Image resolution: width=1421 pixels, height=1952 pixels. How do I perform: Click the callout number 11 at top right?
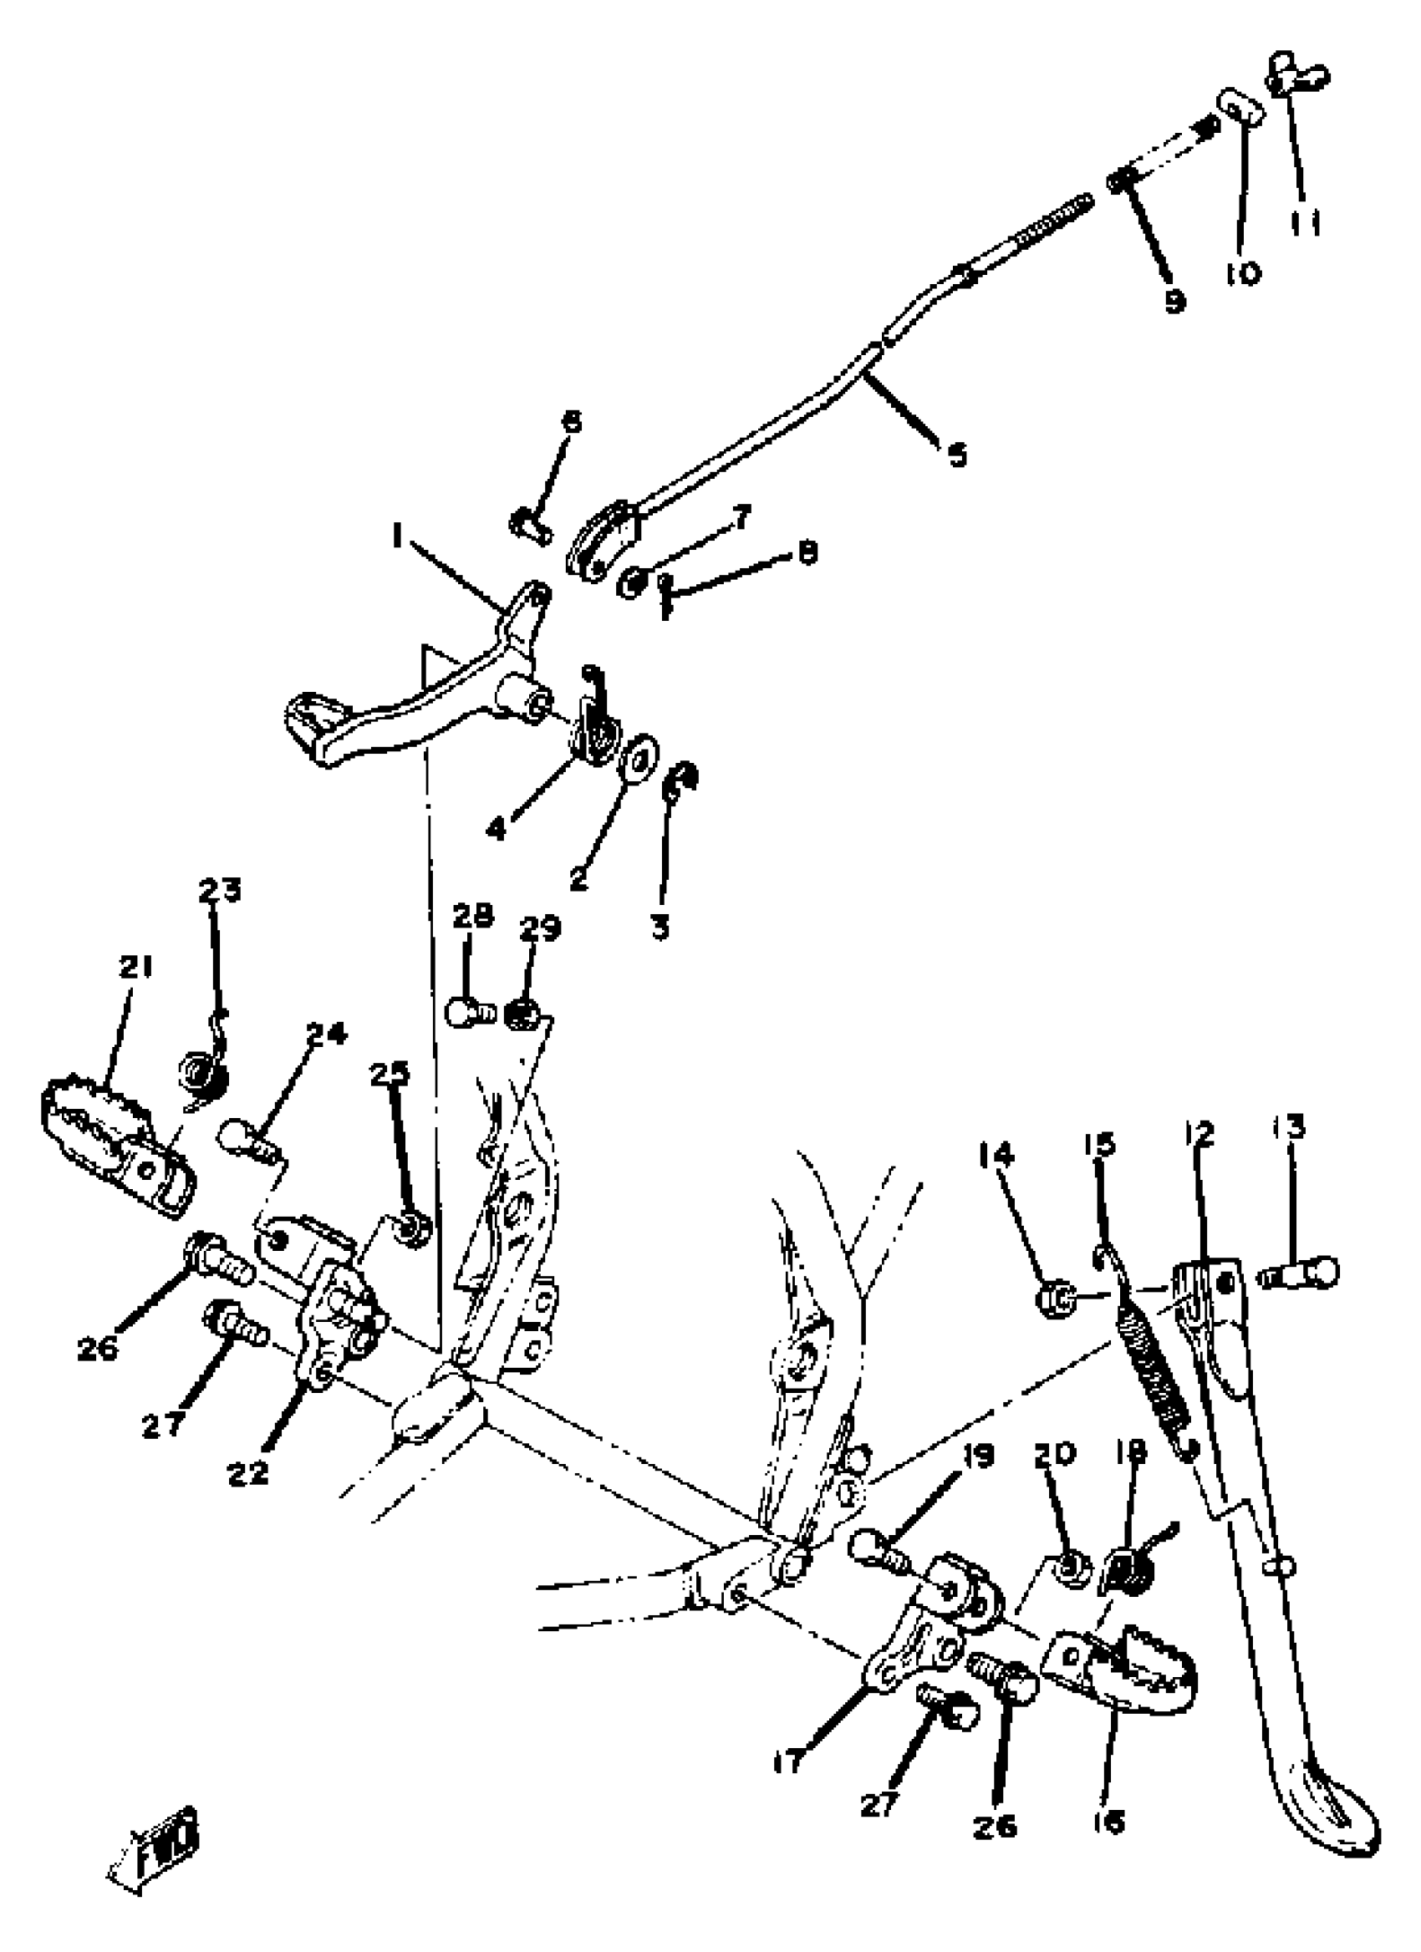[1306, 224]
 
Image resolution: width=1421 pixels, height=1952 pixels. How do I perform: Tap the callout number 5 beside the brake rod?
[957, 454]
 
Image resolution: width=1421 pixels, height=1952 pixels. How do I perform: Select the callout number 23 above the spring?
[221, 890]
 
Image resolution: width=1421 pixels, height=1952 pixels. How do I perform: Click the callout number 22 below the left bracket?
[249, 1473]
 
